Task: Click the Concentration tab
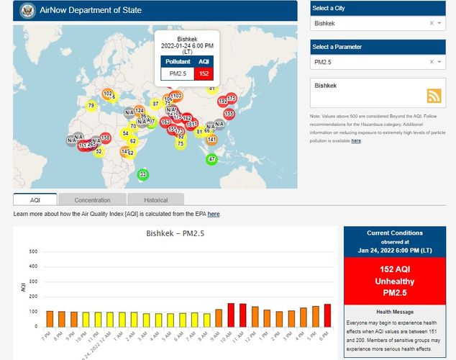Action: pos(92,199)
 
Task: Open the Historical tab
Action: pos(155,199)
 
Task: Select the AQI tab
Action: pos(35,199)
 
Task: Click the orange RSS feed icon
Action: pos(434,96)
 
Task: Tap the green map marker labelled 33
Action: pos(143,175)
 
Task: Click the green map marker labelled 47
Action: pos(211,159)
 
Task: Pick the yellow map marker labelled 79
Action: pos(91,106)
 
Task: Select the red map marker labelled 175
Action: pos(231,98)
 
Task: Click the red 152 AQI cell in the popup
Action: pos(204,73)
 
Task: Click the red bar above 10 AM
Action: pos(231,315)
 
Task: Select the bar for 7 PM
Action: pos(50,319)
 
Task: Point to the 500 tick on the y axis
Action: pos(33,252)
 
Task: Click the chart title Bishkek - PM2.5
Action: pos(174,235)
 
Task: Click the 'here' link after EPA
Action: pos(214,214)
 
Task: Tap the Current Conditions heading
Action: pos(394,233)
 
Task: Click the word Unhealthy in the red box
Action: pos(394,281)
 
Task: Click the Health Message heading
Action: pos(394,310)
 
